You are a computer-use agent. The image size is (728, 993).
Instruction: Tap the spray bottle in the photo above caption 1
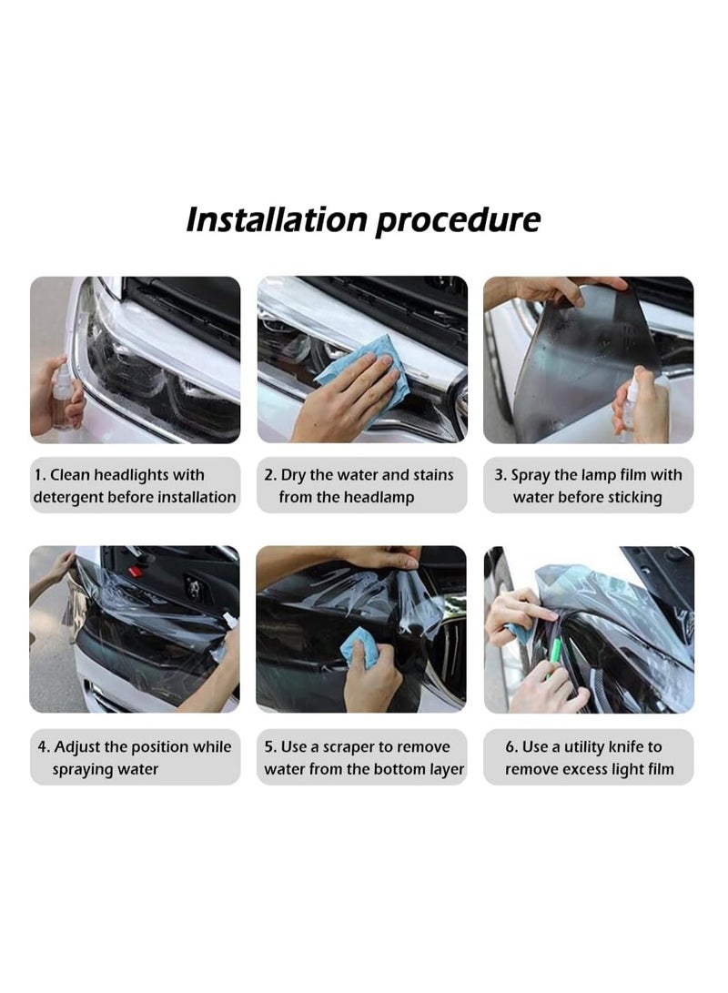63,396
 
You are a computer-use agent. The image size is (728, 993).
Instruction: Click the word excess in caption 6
583,769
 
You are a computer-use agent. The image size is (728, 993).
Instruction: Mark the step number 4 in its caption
43,747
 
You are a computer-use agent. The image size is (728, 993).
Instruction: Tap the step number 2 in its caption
269,475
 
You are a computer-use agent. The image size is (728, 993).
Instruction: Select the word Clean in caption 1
69,475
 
